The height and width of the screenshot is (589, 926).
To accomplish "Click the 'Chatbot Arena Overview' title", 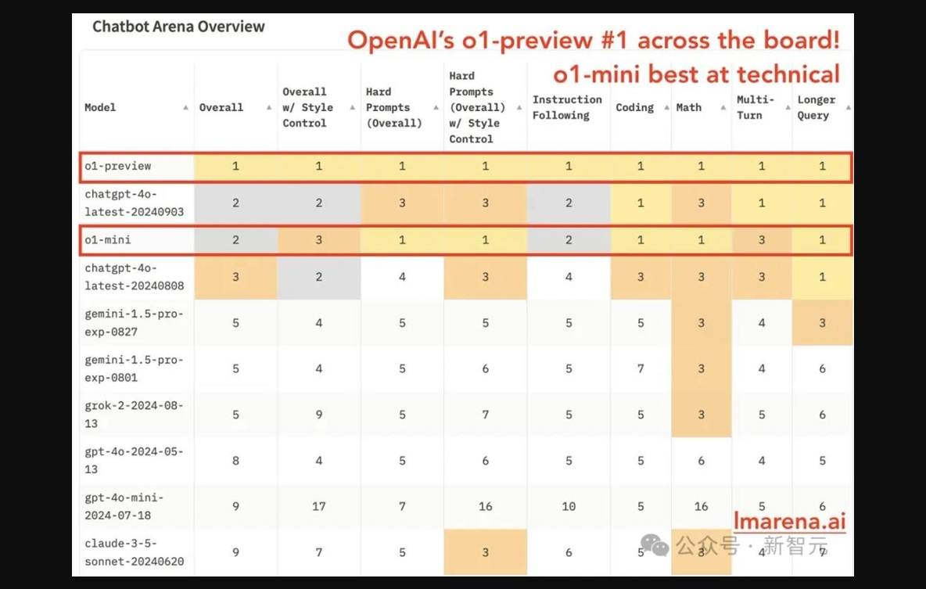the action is pos(178,27).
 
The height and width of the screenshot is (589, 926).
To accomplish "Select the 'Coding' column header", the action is pos(635,107).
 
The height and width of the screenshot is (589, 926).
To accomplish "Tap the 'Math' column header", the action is pos(688,107).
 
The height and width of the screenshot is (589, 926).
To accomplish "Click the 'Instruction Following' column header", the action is pos(567,107).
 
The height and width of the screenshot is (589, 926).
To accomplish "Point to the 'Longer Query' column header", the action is pos(817,107).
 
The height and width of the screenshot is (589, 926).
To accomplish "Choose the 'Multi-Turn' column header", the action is pos(755,107).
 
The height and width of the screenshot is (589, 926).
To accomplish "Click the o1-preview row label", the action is pos(117,166).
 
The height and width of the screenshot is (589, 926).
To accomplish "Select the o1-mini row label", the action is pos(107,240).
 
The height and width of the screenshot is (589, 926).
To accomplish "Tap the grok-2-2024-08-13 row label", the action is pos(134,414).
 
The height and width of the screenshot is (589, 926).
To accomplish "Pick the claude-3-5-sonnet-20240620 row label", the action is pos(134,552).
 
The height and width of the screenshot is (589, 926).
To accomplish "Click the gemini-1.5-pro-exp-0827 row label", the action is pos(134,322).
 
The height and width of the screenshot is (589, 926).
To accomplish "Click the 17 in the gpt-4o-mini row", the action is pos(319,506).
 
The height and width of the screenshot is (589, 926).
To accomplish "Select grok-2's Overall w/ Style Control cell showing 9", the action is pos(319,415).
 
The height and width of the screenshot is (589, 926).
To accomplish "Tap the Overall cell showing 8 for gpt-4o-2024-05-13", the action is pos(235,461).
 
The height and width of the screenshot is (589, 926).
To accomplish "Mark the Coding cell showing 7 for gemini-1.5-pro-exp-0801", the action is pos(641,368).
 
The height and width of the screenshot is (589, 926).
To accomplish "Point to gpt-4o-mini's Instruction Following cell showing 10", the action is pos(569,506).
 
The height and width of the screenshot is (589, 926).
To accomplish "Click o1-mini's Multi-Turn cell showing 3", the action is pos(762,240).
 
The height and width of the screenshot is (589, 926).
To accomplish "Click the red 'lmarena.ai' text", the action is pos(790,521).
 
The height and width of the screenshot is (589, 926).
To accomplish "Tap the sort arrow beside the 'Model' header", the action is pos(185,107).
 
